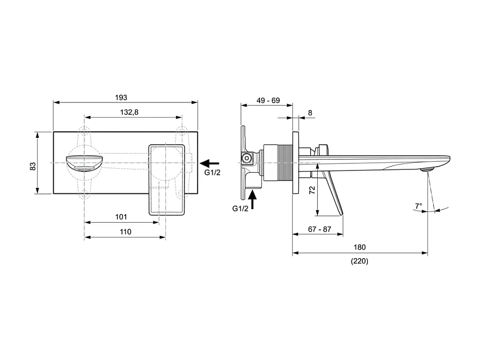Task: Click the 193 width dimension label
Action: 121,97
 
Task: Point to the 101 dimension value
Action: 121,217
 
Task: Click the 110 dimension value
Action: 125,231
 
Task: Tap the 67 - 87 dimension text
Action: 319,229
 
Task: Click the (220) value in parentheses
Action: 359,261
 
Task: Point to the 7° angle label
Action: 418,206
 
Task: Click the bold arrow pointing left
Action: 210,163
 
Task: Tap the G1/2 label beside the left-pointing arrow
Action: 212,173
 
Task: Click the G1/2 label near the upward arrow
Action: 241,209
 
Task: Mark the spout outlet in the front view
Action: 84,162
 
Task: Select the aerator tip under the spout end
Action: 427,169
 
